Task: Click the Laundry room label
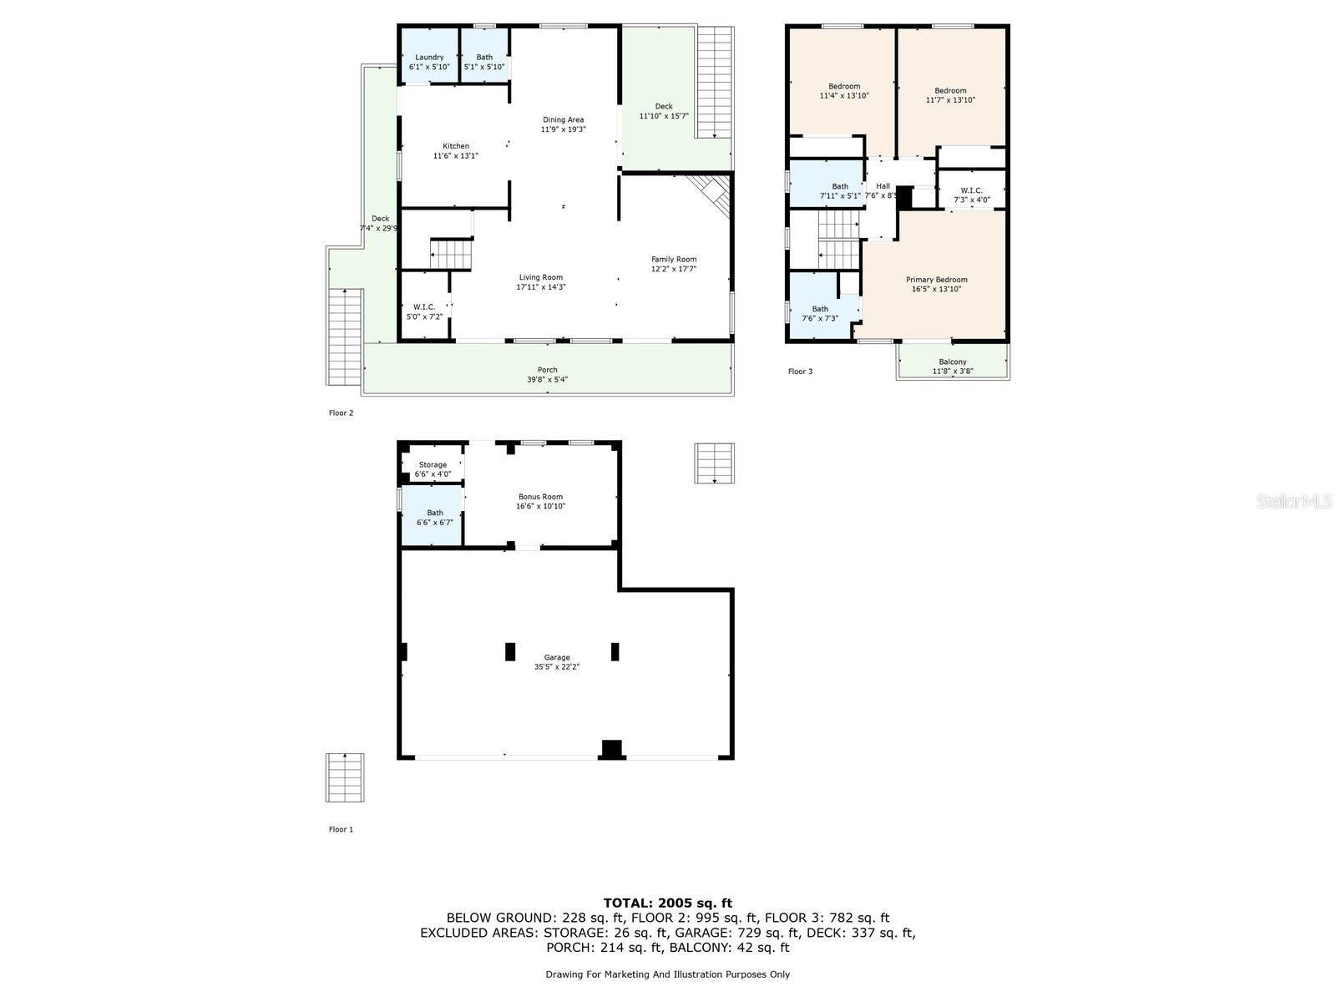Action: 429,57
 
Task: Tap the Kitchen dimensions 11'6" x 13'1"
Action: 455,156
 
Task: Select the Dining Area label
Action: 563,120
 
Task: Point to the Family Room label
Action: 674,259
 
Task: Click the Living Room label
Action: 540,277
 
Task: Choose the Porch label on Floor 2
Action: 547,370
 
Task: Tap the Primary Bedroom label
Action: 936,280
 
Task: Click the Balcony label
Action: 953,362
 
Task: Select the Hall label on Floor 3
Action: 883,186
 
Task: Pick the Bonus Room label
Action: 540,497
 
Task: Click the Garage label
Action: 557,658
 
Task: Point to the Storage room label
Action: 433,465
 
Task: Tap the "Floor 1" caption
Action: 341,829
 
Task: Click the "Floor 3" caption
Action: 800,371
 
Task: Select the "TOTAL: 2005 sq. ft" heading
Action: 668,903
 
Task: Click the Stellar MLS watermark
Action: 1294,502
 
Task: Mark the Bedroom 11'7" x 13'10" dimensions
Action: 950,100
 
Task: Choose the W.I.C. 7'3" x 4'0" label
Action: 971,195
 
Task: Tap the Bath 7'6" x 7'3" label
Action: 820,314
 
